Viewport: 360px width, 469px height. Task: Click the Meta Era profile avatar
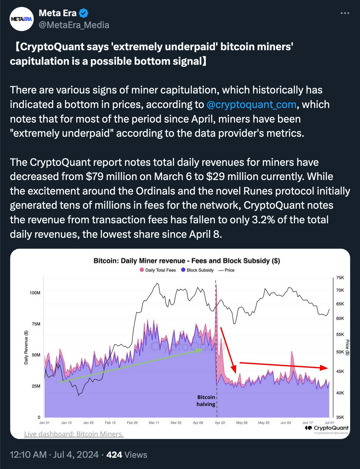tap(21, 19)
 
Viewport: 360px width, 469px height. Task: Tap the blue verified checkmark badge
tap(84, 13)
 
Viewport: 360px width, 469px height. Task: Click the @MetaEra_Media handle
tap(74, 25)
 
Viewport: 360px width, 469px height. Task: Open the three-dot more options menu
tap(345, 13)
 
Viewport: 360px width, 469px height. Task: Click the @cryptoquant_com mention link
tap(251, 104)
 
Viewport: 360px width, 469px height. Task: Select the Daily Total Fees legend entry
tap(158, 270)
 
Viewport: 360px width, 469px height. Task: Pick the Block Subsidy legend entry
tap(197, 270)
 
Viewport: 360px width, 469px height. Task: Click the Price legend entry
tap(226, 270)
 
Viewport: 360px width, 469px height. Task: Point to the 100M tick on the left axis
tap(35, 293)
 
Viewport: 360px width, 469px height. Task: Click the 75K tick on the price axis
tap(340, 277)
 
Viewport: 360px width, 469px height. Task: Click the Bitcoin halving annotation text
tap(206, 401)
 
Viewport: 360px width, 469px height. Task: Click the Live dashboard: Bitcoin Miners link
tap(74, 434)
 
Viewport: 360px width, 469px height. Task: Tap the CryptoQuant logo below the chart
tap(327, 428)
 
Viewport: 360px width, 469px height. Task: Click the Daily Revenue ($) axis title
tap(26, 347)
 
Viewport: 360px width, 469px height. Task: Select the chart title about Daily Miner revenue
tap(187, 261)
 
